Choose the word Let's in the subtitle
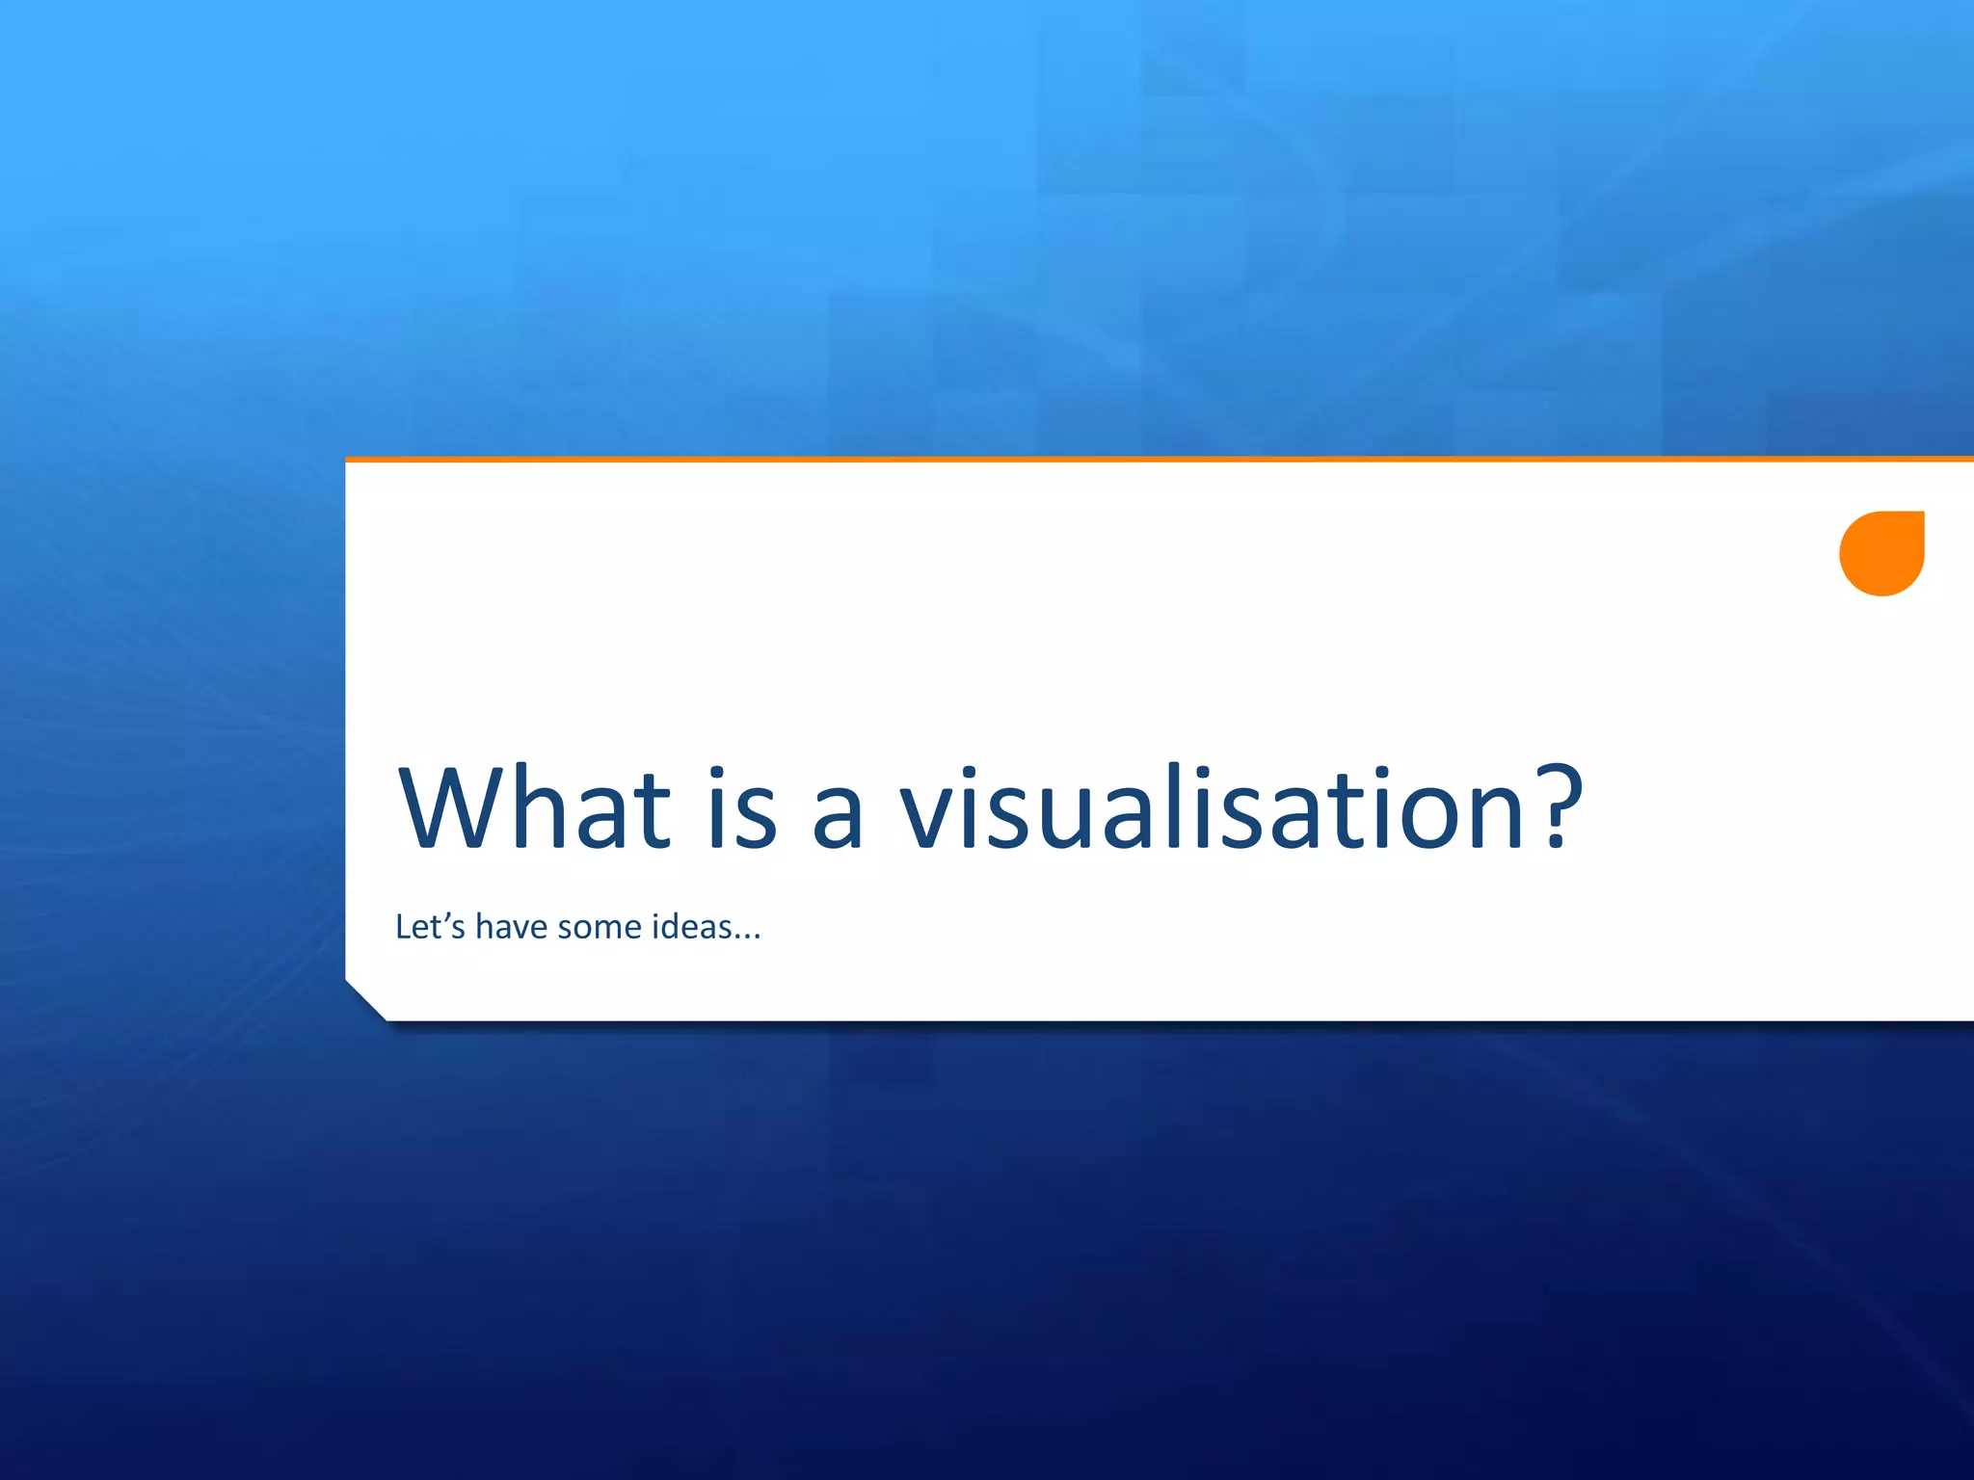point(430,926)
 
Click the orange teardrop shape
point(1881,553)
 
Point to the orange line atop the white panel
point(1157,460)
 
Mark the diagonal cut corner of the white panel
point(365,1001)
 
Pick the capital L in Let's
point(404,926)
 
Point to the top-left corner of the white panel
point(347,462)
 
